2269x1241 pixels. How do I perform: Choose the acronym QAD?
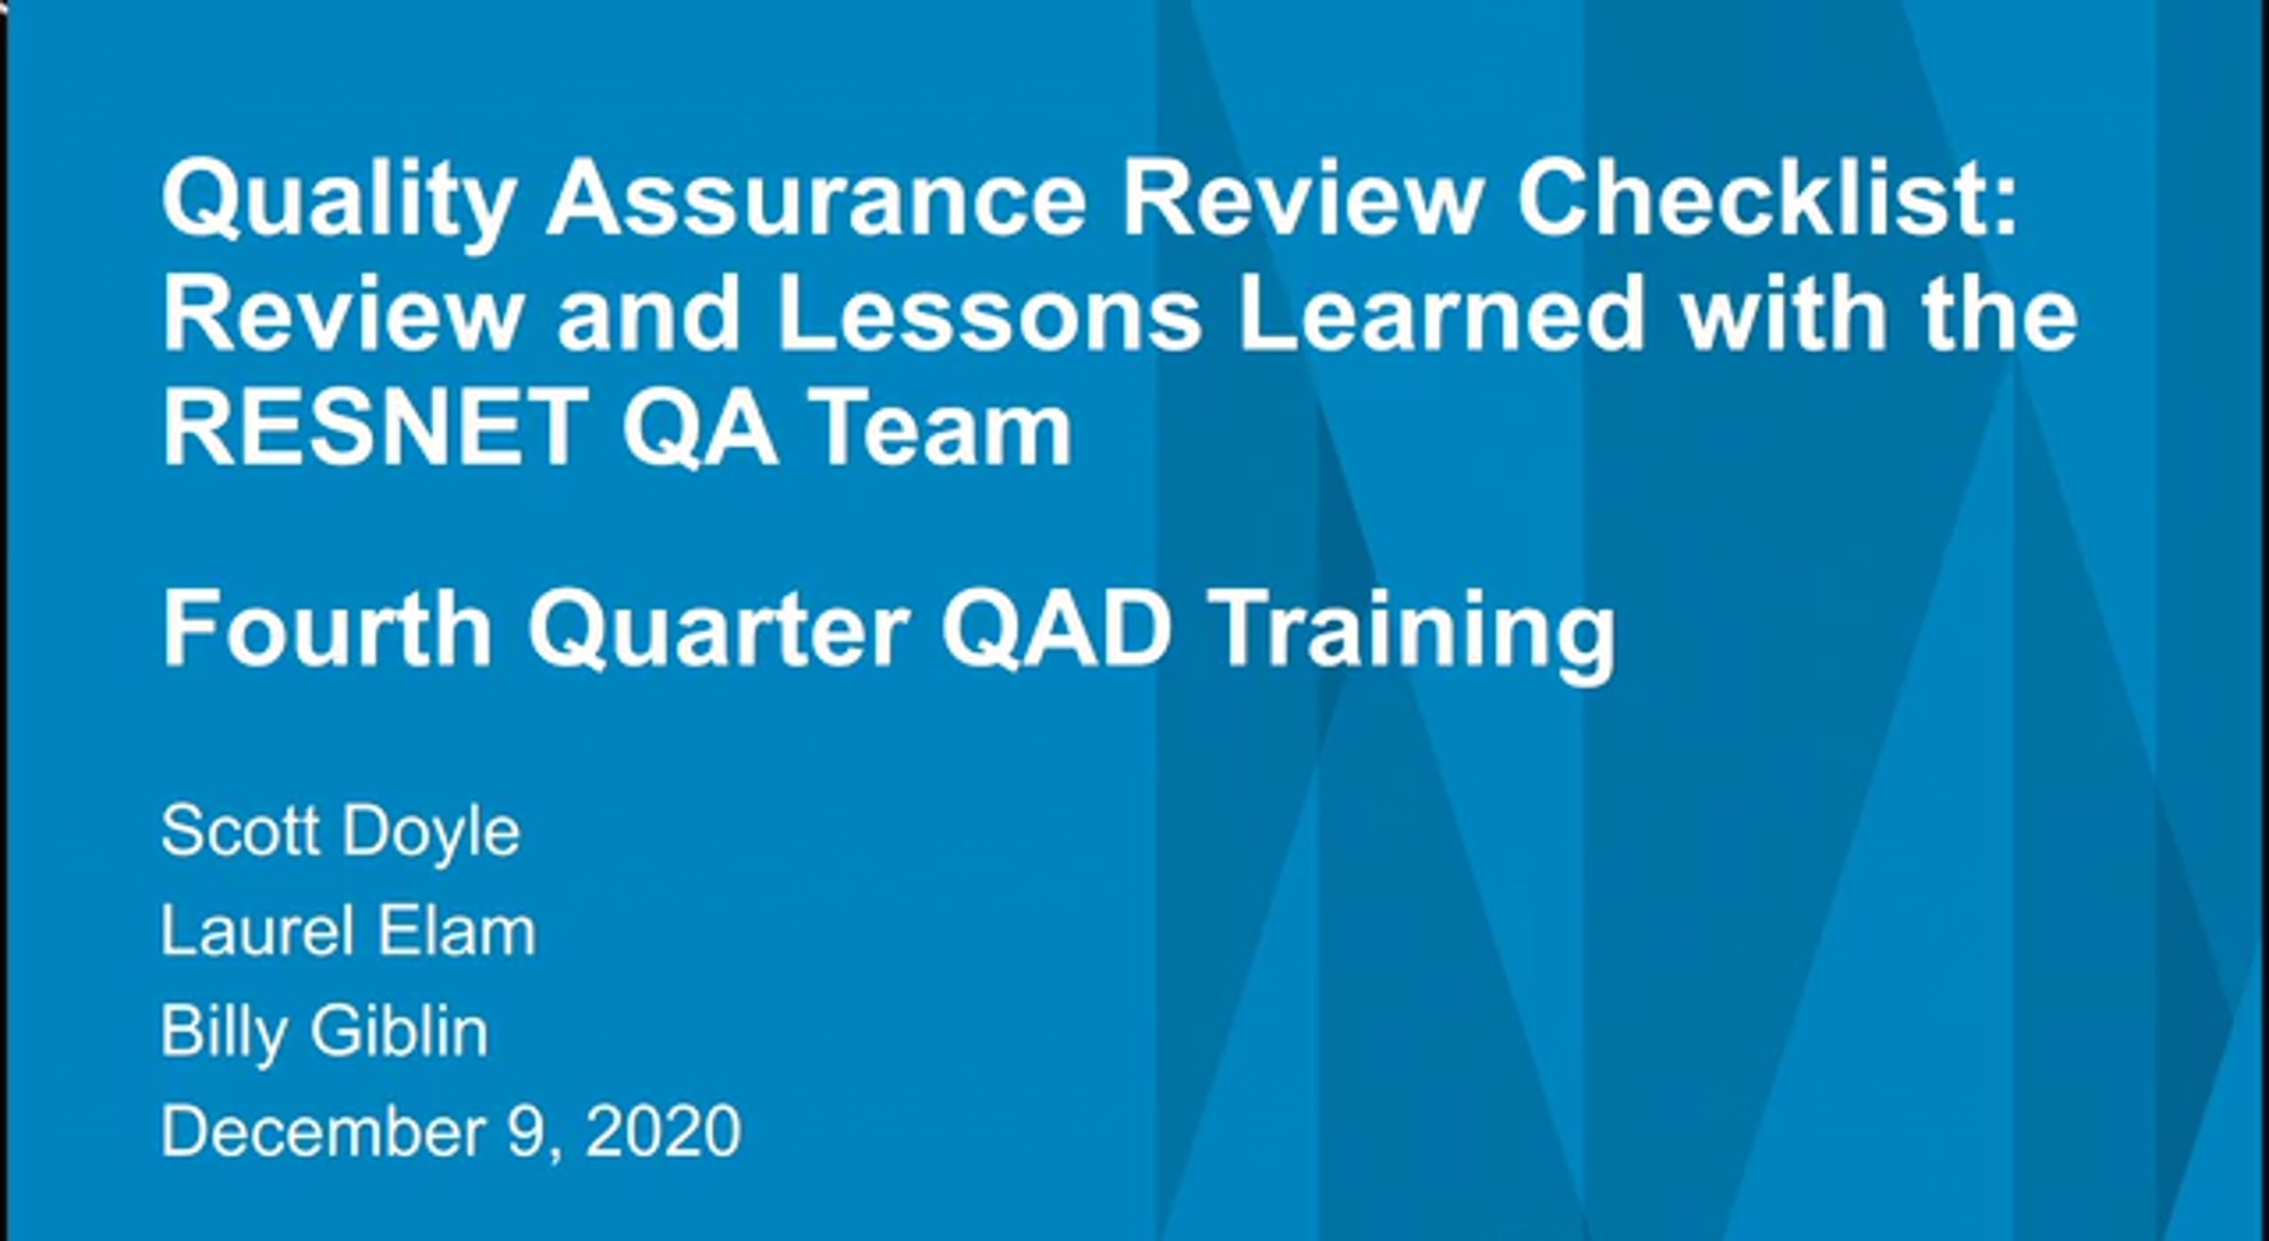coord(1057,629)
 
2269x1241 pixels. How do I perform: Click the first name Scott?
coord(240,833)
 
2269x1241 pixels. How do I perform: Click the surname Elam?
coord(443,932)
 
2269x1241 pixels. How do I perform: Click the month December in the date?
coord(325,1130)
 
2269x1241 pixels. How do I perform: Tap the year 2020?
coord(663,1130)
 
